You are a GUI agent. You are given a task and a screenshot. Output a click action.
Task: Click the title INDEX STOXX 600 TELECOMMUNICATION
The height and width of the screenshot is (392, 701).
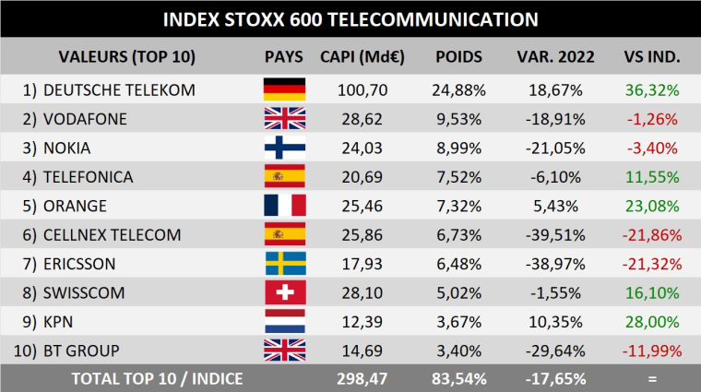350,19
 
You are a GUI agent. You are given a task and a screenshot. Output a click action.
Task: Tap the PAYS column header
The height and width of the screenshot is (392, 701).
283,56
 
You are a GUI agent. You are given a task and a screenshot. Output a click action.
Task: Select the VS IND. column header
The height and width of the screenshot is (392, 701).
652,56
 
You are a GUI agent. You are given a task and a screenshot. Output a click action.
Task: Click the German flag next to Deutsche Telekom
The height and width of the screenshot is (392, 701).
284,89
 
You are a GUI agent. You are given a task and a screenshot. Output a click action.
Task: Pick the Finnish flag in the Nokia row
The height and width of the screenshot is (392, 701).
284,148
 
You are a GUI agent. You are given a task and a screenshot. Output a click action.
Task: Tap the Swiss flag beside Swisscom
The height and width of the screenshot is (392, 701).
284,292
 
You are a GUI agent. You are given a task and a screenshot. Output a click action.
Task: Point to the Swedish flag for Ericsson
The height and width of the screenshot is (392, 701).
284,264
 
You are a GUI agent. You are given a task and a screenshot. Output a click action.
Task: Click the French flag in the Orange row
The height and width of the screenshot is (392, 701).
284,206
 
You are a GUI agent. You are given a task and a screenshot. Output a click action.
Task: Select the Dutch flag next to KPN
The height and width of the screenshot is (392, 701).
284,322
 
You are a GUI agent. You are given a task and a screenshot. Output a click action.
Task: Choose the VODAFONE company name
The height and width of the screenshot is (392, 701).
85,119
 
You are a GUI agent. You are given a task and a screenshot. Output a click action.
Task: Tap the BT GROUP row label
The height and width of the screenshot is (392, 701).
82,350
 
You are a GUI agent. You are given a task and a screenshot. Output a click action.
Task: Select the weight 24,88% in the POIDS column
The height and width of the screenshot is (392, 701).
458,89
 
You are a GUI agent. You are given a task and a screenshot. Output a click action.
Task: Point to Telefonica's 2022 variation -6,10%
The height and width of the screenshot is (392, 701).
555,177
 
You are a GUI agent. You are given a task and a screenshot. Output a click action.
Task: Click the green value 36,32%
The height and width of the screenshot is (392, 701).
652,89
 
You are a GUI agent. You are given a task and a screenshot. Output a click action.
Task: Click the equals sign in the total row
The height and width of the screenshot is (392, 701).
652,378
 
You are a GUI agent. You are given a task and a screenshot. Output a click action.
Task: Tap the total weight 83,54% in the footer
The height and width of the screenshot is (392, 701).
458,378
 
